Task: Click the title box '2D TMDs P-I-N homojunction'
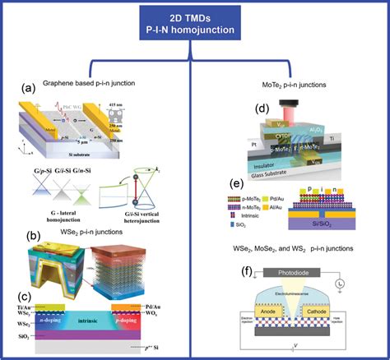click(194, 24)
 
